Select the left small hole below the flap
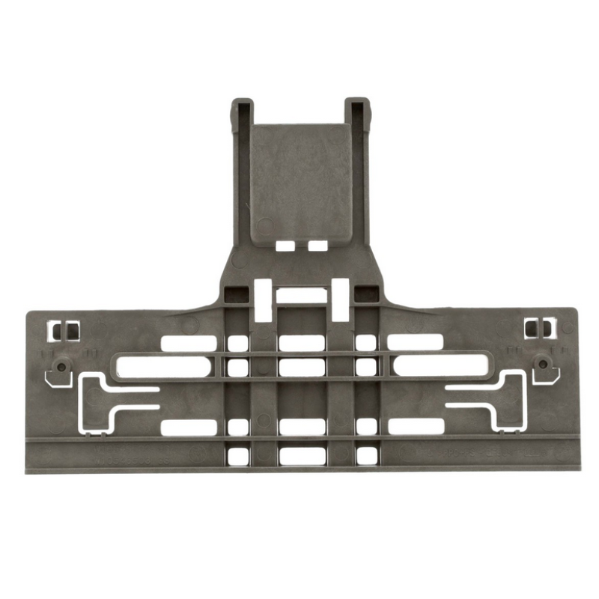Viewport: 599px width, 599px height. point(284,246)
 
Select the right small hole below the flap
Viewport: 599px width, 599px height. point(317,246)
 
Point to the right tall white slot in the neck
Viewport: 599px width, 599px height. point(340,297)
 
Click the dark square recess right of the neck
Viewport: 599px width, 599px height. point(365,293)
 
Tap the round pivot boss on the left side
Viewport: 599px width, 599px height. point(60,367)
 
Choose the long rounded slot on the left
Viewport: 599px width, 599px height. point(160,366)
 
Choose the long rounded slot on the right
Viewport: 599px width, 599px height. point(440,366)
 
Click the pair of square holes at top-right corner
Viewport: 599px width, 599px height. point(538,328)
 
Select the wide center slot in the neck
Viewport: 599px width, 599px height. point(301,295)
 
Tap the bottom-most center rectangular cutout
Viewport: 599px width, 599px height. point(301,455)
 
